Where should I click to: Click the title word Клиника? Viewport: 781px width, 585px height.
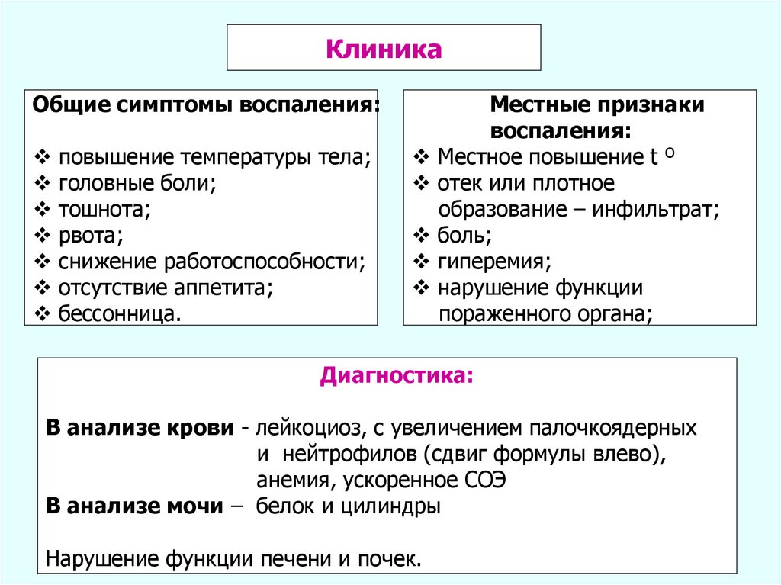384,50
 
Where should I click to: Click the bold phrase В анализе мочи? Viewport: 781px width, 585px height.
133,506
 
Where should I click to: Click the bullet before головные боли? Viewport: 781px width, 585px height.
43,183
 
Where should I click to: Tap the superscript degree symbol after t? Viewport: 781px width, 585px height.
668,153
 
